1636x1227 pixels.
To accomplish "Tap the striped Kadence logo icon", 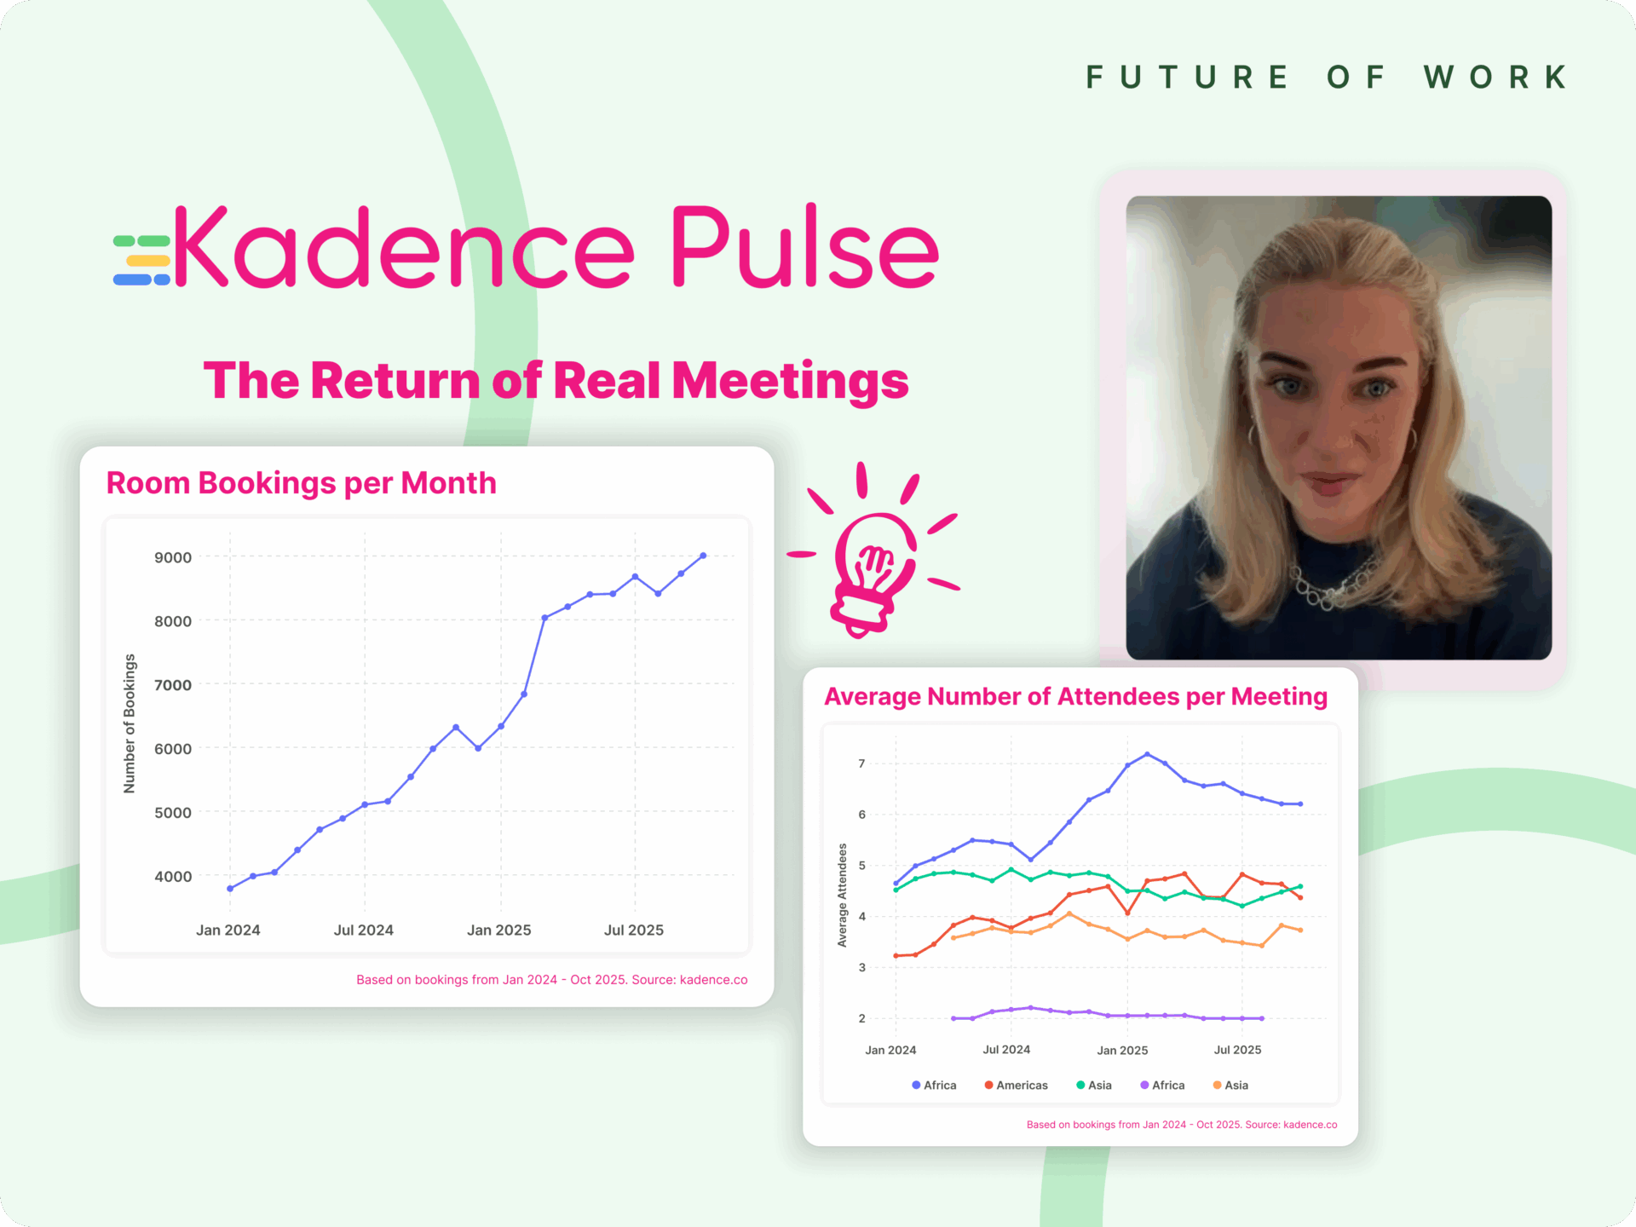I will [x=141, y=260].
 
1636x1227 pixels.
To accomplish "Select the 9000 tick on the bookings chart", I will [x=173, y=557].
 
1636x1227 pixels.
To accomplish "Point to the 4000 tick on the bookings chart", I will [x=173, y=876].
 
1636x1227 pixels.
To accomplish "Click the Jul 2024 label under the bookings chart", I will [x=363, y=930].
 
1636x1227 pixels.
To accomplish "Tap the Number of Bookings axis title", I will [x=130, y=723].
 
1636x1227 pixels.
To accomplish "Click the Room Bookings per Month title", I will [x=301, y=483].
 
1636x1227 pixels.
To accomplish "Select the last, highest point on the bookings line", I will [x=703, y=556].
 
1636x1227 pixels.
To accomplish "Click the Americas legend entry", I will [x=1016, y=1085].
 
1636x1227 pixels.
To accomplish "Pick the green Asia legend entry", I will [x=1094, y=1085].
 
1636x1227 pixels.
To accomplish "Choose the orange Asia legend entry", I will [x=1230, y=1085].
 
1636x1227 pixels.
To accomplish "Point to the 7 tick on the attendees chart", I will [x=861, y=763].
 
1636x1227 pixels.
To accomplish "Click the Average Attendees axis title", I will [x=842, y=895].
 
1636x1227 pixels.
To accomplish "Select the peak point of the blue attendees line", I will [x=1147, y=754].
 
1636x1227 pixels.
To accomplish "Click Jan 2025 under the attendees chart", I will [x=1122, y=1050].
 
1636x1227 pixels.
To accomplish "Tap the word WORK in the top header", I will [x=1496, y=78].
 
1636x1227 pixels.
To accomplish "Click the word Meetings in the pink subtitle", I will [x=790, y=380].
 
